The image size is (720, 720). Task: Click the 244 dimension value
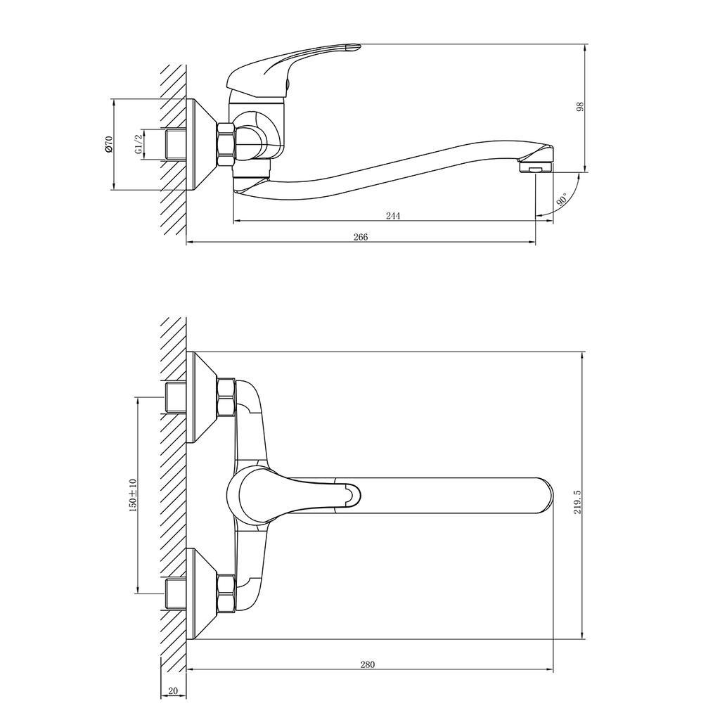(x=392, y=215)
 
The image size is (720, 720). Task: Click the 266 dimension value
(x=361, y=237)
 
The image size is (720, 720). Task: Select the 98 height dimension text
(x=580, y=107)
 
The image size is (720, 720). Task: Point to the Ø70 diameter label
(x=108, y=143)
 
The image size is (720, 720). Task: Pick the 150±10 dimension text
(x=133, y=495)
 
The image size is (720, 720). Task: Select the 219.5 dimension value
(x=577, y=501)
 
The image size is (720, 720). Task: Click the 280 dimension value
(x=367, y=664)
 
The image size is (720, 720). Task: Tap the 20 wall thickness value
(x=173, y=691)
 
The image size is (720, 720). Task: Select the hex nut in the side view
(x=226, y=144)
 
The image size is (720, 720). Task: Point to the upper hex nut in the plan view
(x=226, y=397)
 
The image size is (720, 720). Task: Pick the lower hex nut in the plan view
(x=226, y=593)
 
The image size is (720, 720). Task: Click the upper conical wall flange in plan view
(x=202, y=397)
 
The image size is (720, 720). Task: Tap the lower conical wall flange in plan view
(x=202, y=593)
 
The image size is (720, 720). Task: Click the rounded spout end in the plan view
(x=544, y=496)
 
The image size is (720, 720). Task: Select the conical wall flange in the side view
(x=202, y=144)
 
